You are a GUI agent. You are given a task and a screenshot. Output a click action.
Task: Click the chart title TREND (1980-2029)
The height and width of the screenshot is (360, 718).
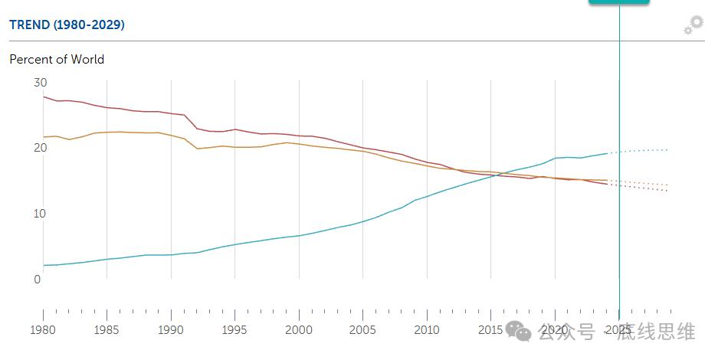[67, 25]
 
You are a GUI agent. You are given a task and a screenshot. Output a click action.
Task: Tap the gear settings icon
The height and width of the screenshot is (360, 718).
[693, 25]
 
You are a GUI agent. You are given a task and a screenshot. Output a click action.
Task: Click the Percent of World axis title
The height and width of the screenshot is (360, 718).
[57, 59]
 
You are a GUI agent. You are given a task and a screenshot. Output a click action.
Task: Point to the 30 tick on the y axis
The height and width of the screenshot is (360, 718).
[41, 82]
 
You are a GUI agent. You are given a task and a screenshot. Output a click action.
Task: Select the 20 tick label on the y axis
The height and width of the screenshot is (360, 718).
[41, 148]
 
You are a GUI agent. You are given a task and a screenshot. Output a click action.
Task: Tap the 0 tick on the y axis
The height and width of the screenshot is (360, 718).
[37, 280]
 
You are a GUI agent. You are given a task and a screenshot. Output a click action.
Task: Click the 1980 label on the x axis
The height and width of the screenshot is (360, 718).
[43, 330]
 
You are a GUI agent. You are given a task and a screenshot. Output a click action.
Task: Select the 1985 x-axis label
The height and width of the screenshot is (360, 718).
[107, 330]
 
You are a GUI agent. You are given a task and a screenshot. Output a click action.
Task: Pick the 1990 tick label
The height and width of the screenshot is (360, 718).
[171, 330]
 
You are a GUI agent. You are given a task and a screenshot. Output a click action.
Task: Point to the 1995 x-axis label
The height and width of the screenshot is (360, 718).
[234, 330]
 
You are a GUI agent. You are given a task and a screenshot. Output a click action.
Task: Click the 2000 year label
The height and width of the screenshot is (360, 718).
[299, 330]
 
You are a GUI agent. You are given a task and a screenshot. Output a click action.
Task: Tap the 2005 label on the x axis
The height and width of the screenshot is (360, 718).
[362, 330]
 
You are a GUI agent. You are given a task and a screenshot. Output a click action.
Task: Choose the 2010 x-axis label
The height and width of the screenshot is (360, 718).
[427, 330]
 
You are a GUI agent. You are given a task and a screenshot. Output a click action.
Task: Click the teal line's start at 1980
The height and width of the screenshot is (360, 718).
[44, 265]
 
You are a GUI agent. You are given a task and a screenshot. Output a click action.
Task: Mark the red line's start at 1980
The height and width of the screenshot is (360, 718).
[44, 97]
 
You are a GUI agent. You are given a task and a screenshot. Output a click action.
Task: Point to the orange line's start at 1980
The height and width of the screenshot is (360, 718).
[44, 137]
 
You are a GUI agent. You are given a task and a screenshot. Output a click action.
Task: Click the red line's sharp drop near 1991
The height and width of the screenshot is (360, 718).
[191, 122]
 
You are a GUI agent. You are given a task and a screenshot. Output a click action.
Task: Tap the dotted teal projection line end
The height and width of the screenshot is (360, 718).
[669, 149]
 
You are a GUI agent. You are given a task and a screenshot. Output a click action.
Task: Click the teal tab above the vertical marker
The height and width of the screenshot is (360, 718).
[618, 2]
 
